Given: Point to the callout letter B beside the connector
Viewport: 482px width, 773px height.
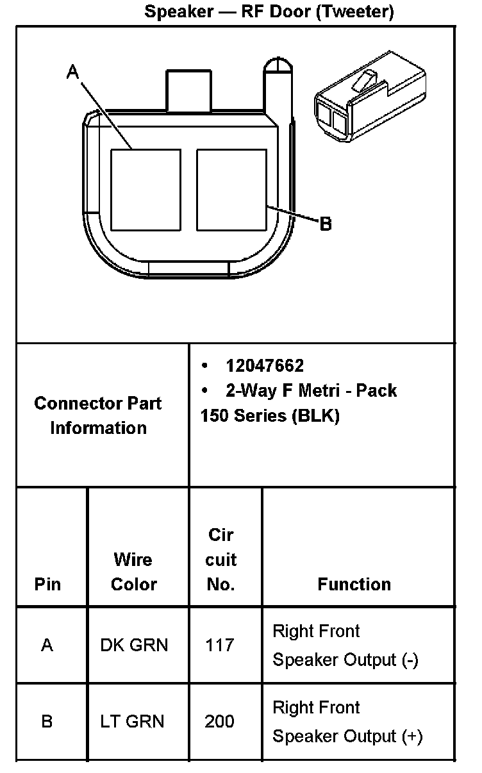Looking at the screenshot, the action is pyautogui.click(x=326, y=224).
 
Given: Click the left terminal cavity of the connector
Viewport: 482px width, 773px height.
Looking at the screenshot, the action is pyautogui.click(x=145, y=190).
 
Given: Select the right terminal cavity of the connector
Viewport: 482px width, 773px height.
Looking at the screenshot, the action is pyautogui.click(x=231, y=190).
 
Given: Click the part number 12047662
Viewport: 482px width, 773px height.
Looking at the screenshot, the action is pyautogui.click(x=265, y=365).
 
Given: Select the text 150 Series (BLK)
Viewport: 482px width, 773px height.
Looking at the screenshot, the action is pyautogui.click(x=270, y=415).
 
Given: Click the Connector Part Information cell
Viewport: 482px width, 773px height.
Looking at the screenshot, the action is pyautogui.click(x=98, y=415).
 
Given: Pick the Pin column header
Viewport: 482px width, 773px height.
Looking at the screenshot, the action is pyautogui.click(x=47, y=585).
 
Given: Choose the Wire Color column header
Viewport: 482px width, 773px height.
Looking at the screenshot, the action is pyautogui.click(x=133, y=572).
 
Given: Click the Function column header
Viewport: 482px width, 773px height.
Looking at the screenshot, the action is pyautogui.click(x=354, y=585).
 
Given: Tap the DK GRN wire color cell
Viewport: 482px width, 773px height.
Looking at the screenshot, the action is pyautogui.click(x=134, y=645).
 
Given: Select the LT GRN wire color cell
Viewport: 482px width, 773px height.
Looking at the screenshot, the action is pyautogui.click(x=132, y=721).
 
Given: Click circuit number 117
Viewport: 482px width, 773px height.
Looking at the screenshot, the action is pyautogui.click(x=220, y=645).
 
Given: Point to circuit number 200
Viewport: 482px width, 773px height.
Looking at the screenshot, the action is pyautogui.click(x=220, y=721).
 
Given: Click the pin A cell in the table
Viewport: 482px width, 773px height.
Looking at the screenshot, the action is pyautogui.click(x=47, y=645).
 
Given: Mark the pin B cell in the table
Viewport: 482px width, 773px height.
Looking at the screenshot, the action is pyautogui.click(x=47, y=721).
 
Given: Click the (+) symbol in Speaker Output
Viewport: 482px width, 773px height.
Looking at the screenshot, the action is pyautogui.click(x=411, y=736).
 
